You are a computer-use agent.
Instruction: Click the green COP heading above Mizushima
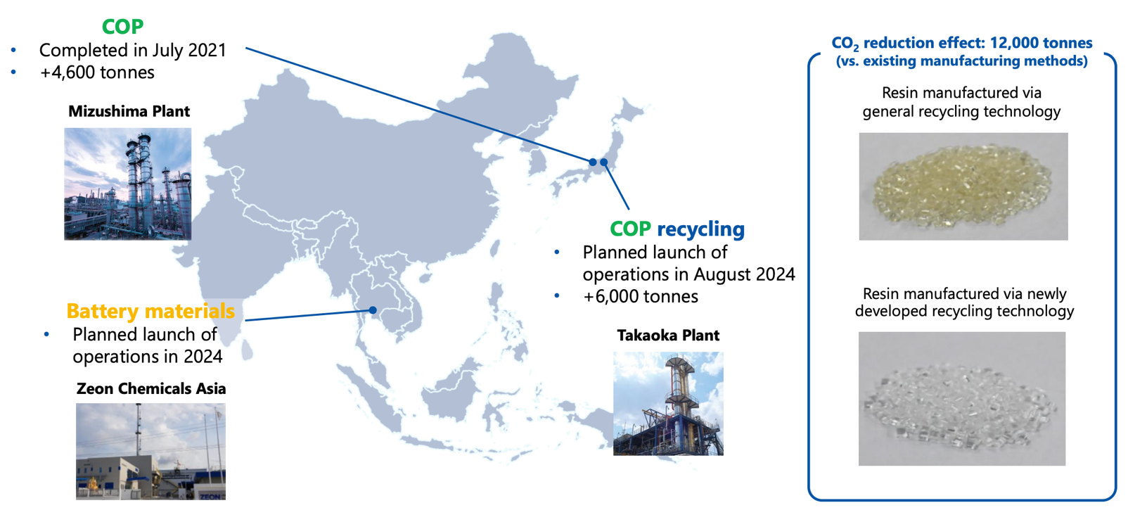point(122,27)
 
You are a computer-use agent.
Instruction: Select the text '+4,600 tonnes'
point(97,72)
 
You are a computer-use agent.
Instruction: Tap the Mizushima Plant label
point(129,111)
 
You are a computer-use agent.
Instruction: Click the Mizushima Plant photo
point(127,184)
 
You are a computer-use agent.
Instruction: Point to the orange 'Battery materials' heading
point(150,311)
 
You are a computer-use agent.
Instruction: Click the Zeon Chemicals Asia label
point(151,388)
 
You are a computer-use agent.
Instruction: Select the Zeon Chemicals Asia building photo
point(150,452)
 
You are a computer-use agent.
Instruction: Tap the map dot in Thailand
point(373,310)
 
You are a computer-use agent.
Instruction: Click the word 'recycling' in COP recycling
point(701,230)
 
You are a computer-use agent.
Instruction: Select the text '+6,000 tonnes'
point(641,296)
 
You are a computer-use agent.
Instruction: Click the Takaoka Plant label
point(668,336)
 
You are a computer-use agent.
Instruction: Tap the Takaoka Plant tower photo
point(668,404)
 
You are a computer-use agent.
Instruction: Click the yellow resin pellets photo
point(963,186)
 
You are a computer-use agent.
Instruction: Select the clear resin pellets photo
point(962,399)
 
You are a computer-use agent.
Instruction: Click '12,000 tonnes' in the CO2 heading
point(1042,44)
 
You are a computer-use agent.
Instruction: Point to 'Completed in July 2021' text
point(133,51)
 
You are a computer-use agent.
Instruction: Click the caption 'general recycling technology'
point(961,111)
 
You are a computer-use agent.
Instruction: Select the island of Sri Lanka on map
point(247,349)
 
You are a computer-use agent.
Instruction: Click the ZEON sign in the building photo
point(210,497)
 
